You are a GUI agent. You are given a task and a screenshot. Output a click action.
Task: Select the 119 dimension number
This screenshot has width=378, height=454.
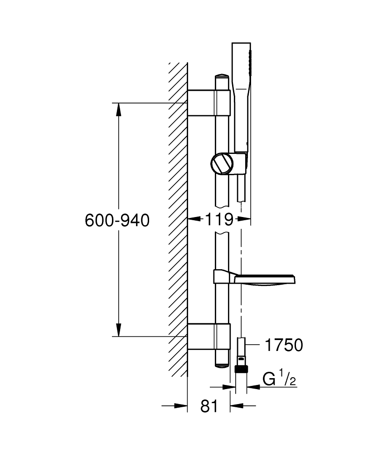(219, 220)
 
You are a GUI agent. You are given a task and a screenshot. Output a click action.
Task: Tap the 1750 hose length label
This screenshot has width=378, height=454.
(283, 345)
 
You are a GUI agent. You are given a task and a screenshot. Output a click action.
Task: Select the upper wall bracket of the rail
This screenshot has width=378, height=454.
(209, 103)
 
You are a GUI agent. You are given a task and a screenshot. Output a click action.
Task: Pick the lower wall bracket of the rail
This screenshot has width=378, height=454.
(209, 336)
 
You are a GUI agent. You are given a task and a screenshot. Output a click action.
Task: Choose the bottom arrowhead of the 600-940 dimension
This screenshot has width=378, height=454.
(118, 330)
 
